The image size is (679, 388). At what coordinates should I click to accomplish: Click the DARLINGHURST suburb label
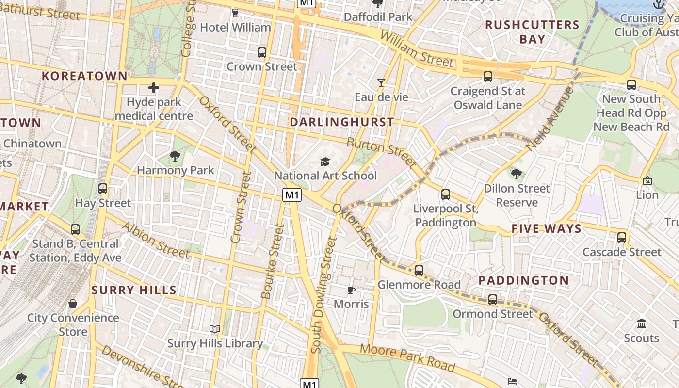341,122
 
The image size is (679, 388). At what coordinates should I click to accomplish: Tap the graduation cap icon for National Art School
325,162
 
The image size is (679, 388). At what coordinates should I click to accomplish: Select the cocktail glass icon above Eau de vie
381,83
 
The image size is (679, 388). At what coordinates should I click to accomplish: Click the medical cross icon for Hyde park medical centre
154,88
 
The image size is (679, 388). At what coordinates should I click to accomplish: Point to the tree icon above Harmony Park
175,156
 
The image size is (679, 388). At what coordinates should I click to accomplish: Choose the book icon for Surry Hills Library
215,329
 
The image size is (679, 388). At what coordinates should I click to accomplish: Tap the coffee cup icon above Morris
351,290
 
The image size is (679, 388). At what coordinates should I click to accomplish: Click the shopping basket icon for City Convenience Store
73,304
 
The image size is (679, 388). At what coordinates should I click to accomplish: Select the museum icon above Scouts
642,323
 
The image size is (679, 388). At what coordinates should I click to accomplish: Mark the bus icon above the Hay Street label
103,189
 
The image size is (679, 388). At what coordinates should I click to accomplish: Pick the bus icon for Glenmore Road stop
419,270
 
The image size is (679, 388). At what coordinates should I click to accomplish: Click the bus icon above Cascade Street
622,238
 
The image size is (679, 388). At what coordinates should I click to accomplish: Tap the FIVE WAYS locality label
546,229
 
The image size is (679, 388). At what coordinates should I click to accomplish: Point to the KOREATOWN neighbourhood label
84,76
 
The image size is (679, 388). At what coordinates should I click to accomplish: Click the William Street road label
417,49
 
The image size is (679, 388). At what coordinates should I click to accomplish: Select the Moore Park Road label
407,358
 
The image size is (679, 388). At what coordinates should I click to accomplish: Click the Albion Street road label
155,240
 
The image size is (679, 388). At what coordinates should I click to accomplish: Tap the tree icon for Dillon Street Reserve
517,174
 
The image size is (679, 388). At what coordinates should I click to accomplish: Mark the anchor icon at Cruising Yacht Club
659,4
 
